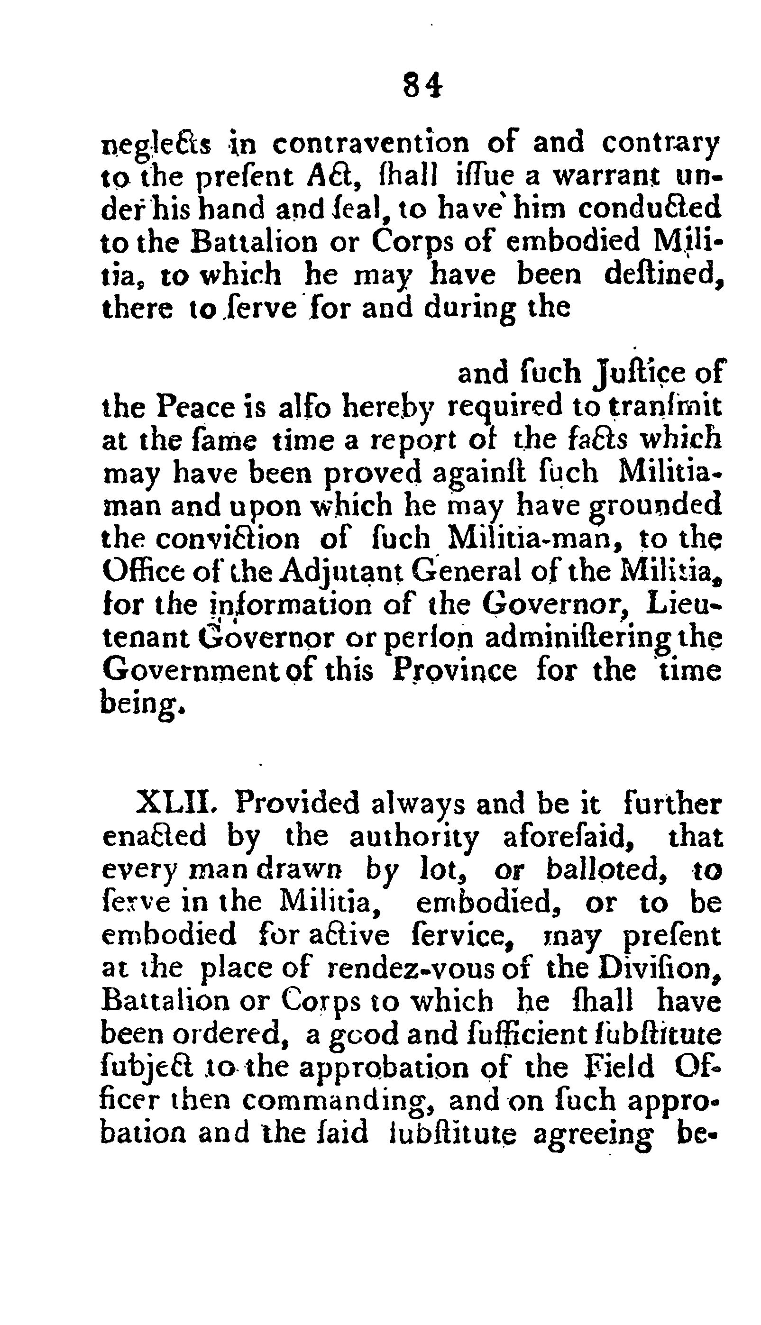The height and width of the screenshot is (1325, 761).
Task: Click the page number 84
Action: [422, 85]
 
